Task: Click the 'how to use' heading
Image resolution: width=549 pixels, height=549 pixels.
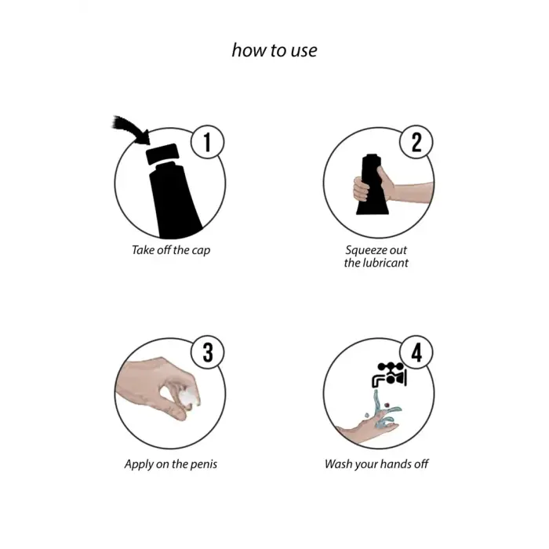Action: tap(274, 50)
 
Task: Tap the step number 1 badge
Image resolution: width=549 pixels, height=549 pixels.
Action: tap(207, 142)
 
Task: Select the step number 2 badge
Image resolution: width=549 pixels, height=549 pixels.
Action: tap(416, 142)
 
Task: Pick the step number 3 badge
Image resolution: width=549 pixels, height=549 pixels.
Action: tap(207, 352)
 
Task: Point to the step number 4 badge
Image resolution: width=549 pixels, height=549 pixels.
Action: tap(416, 352)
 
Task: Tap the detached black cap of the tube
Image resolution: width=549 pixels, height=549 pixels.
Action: tap(162, 154)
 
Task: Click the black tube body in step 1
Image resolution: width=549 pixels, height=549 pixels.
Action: tap(174, 200)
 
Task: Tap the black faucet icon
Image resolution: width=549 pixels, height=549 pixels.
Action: tap(389, 375)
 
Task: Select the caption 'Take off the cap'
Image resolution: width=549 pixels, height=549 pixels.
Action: tap(171, 250)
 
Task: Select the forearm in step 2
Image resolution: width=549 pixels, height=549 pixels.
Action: tap(413, 192)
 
